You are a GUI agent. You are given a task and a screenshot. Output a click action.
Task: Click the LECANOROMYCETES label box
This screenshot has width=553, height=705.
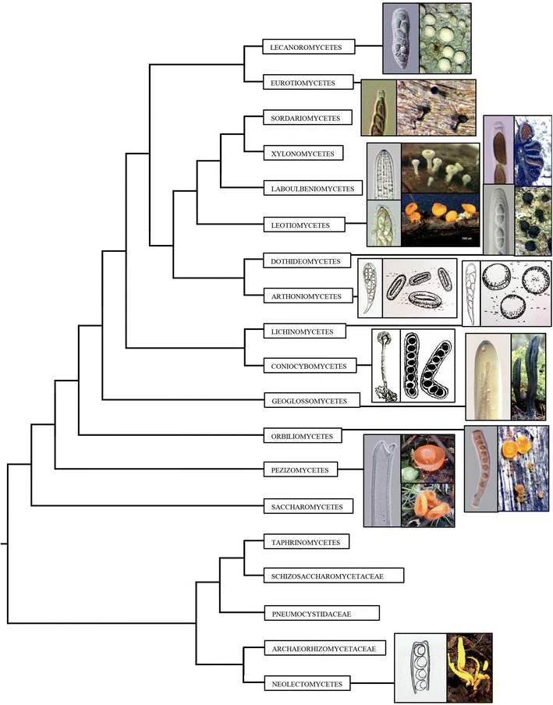tap(309, 48)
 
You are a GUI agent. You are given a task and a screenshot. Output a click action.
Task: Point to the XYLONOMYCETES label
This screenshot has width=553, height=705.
tap(303, 154)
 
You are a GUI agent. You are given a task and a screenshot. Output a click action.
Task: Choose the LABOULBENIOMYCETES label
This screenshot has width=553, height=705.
tap(312, 189)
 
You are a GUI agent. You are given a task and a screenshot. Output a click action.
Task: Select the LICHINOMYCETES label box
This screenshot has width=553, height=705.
tap(303, 331)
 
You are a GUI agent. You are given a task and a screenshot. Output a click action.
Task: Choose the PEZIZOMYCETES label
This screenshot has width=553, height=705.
tap(301, 470)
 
